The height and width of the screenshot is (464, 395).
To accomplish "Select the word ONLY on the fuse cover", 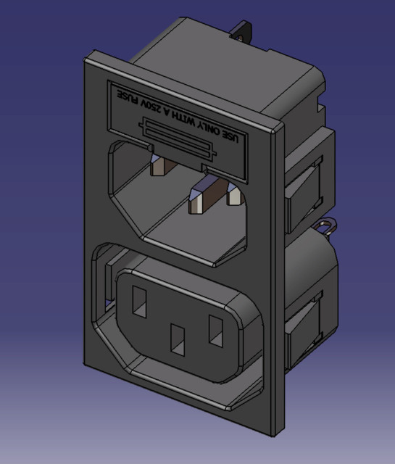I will click(212, 128).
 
